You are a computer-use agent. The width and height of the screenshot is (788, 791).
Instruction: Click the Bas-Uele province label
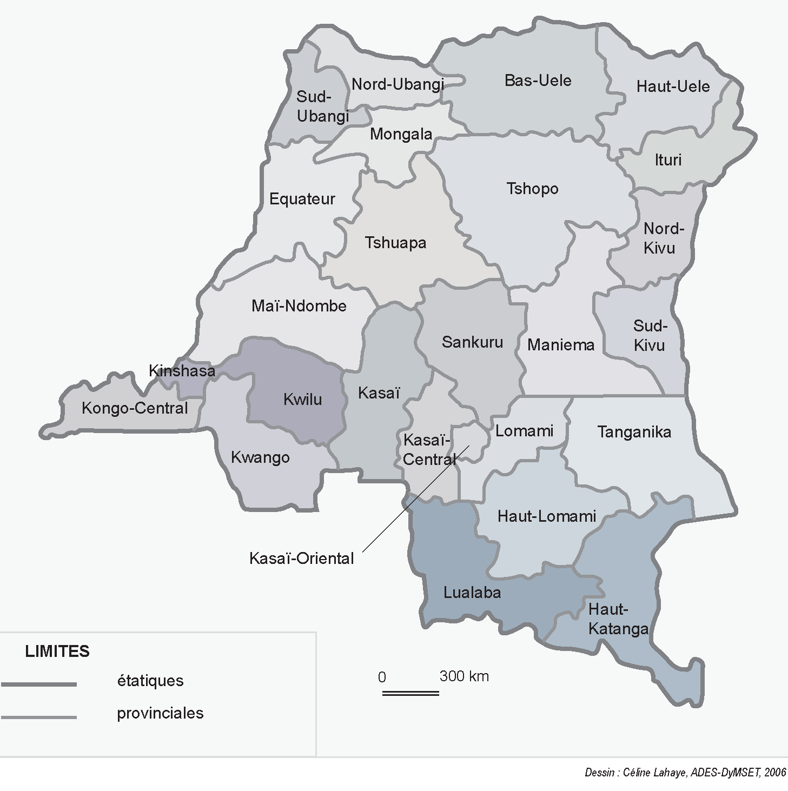[538, 81]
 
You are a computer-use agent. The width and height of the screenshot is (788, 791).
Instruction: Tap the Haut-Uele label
[673, 87]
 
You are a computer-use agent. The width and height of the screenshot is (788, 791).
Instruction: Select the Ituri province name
[668, 160]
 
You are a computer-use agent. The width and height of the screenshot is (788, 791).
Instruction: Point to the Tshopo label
[532, 189]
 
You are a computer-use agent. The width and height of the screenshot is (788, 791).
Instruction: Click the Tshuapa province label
[395, 243]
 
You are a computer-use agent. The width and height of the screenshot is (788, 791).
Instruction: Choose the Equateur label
[302, 199]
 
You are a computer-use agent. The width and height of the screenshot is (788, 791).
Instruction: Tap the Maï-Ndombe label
[299, 306]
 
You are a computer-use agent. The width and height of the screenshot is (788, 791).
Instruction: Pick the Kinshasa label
[182, 371]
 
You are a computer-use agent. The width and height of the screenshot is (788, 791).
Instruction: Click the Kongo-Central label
[135, 408]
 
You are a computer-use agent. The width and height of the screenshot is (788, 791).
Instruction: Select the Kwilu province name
[302, 400]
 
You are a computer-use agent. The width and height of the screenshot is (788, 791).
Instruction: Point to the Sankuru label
[472, 342]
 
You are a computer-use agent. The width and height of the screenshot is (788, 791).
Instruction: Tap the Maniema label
[561, 345]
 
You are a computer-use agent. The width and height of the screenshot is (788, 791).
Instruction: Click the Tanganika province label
[634, 432]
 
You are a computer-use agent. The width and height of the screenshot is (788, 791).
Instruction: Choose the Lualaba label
[472, 593]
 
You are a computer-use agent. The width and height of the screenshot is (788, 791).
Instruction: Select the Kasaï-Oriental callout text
[301, 559]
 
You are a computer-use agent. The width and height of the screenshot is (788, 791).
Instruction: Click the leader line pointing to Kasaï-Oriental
[411, 502]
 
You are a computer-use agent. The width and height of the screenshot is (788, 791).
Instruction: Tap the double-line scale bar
[410, 693]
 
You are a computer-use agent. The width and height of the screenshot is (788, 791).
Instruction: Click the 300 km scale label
[464, 676]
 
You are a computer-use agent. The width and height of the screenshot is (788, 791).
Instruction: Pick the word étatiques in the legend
[150, 681]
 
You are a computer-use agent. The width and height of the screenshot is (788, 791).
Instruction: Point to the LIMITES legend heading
[57, 652]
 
